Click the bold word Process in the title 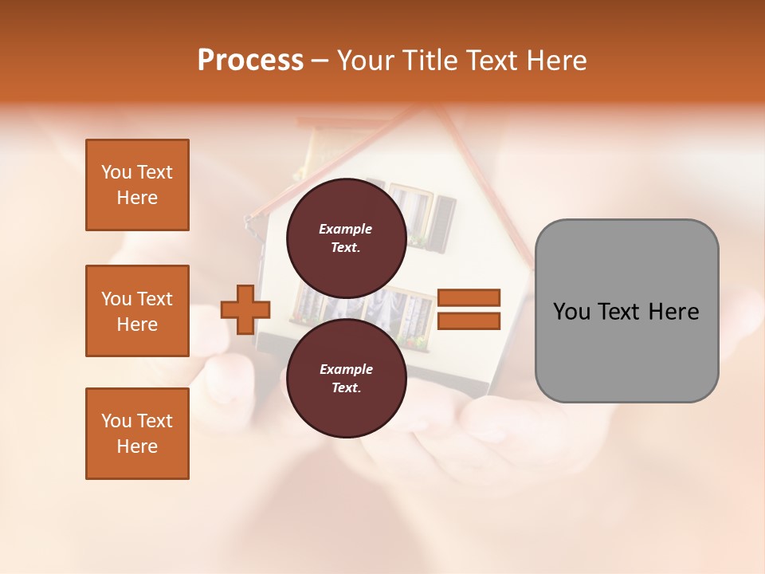tap(250, 61)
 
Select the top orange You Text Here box tap(137, 185)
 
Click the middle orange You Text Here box tap(137, 311)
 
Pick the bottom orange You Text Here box tap(137, 434)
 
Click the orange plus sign tap(245, 309)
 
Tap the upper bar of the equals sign tap(469, 297)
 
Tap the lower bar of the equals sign tap(469, 321)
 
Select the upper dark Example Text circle tap(345, 238)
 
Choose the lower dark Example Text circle tap(345, 378)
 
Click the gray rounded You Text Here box tap(626, 310)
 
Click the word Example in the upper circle tap(345, 229)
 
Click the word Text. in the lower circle tap(345, 388)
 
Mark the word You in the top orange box tap(116, 172)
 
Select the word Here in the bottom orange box tap(137, 446)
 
